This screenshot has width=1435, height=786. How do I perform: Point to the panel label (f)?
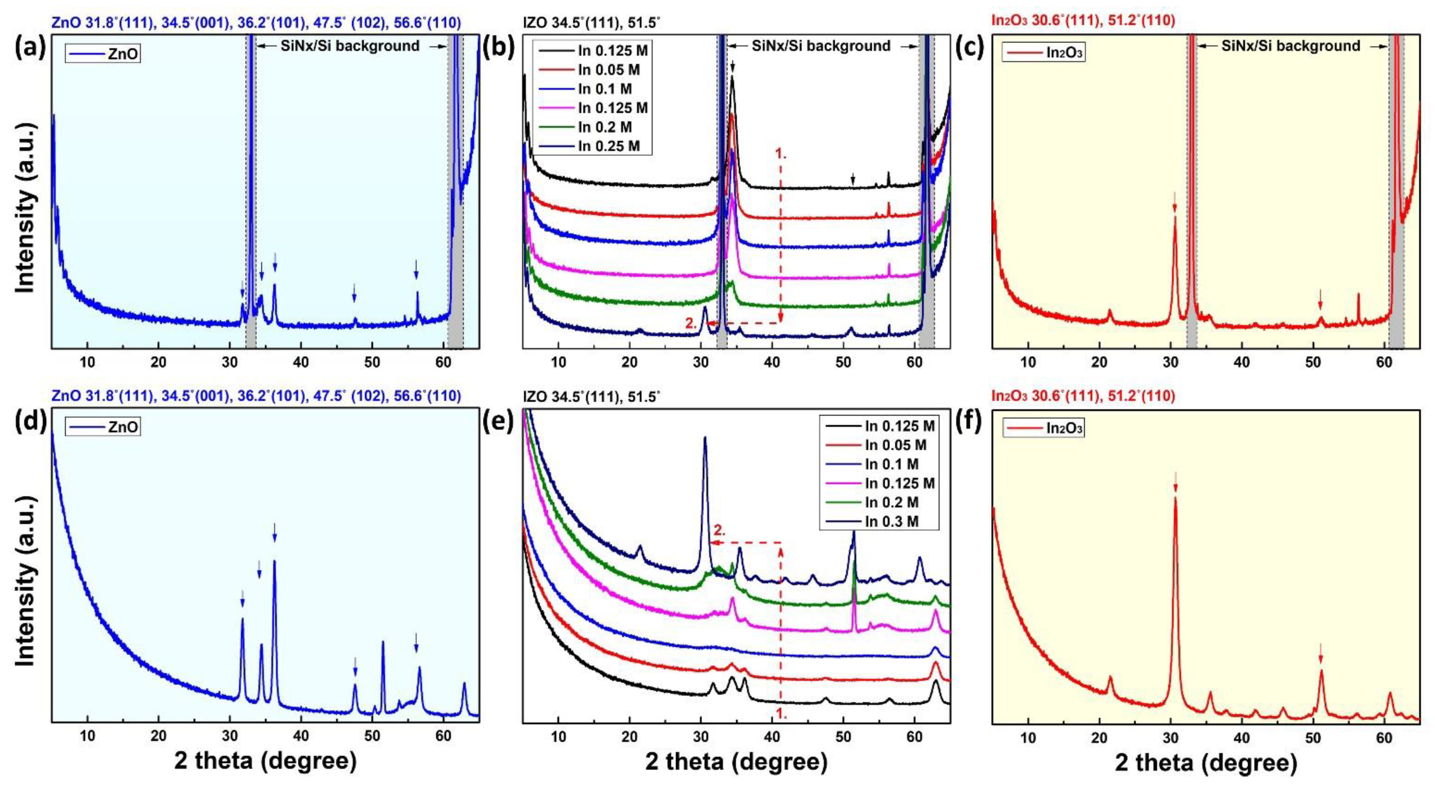(x=973, y=420)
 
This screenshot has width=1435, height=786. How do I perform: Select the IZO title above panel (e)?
(x=592, y=396)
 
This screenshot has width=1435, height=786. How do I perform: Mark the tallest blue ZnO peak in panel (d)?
(x=274, y=562)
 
